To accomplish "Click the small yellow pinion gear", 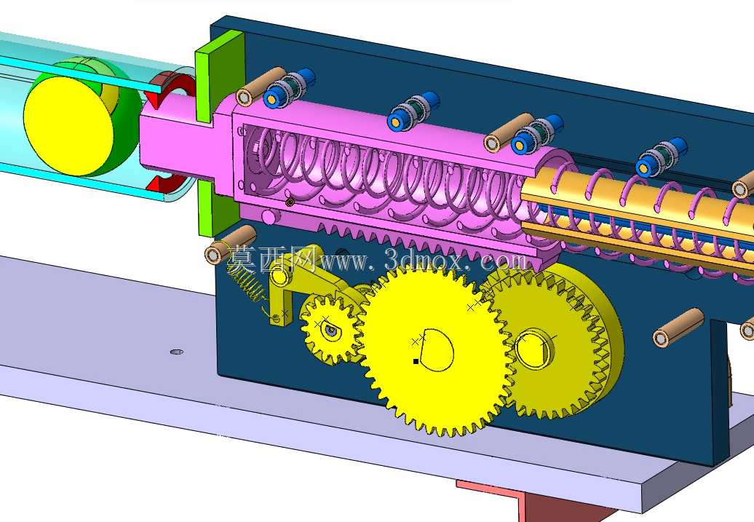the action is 331,329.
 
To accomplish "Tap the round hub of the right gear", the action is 533,348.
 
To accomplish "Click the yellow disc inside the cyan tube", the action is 67,125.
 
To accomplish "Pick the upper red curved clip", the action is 166,87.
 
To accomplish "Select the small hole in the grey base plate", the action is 177,352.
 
